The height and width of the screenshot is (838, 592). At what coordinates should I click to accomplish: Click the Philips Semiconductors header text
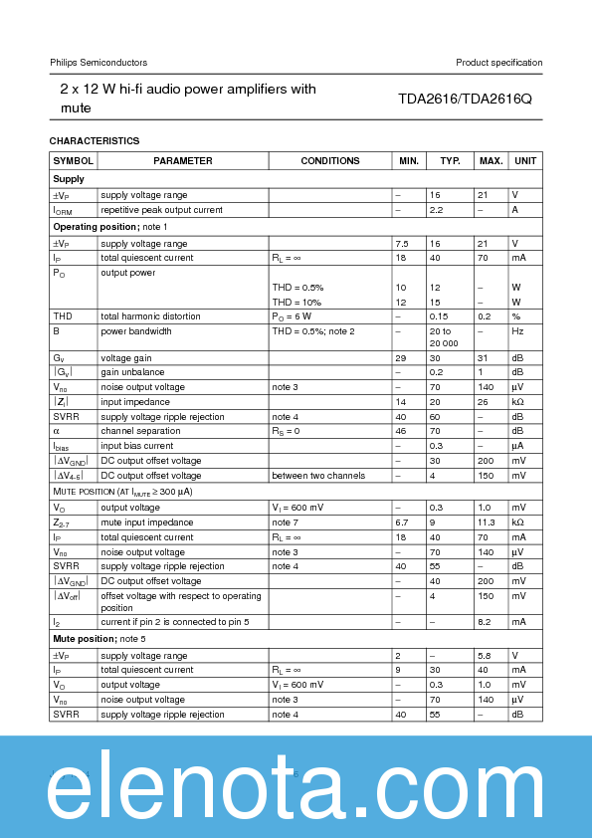pos(99,63)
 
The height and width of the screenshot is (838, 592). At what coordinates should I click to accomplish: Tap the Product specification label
pos(498,63)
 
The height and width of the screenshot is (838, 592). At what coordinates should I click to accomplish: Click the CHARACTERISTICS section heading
pos(95,140)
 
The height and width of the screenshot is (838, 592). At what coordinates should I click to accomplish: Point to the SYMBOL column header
pos(74,160)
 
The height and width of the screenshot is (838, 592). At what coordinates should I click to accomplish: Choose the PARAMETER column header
pos(183,160)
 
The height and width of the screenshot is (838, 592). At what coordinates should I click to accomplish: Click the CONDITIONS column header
pos(330,160)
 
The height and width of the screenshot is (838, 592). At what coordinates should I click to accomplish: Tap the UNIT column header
pos(525,160)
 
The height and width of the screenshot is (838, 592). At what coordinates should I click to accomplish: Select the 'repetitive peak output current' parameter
pos(161,210)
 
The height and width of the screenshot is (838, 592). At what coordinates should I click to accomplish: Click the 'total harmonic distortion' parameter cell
pos(150,316)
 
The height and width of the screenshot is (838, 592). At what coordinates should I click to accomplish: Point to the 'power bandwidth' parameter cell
pos(136,330)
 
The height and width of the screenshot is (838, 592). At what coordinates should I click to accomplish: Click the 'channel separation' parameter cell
pos(140,431)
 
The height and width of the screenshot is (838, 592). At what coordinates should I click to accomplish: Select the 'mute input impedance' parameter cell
pos(145,522)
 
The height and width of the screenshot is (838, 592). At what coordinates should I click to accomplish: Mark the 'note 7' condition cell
pos(285,522)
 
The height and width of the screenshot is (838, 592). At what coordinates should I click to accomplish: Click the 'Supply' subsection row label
pos(69,179)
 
